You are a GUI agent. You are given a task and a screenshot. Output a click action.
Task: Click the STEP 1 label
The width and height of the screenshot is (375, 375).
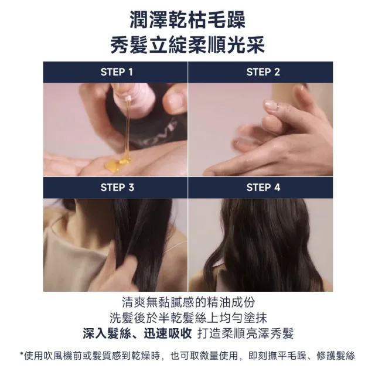117,72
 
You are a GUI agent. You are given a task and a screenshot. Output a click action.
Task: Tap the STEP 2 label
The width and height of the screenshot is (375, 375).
263,72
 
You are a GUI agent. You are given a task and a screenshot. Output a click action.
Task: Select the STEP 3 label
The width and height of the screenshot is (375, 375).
117,187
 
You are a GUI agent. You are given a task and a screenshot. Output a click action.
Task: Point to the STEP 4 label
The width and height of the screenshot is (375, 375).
263,187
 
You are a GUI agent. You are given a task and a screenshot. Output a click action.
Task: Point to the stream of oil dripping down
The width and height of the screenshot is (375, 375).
128,129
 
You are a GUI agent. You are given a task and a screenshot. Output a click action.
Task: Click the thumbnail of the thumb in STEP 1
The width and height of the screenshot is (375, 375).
174,100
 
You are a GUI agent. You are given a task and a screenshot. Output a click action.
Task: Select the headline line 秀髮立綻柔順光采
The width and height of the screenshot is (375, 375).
187,45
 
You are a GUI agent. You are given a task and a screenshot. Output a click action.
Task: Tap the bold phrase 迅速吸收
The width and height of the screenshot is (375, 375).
168,333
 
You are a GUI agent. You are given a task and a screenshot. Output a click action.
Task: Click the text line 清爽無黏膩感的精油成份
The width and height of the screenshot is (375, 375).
188,302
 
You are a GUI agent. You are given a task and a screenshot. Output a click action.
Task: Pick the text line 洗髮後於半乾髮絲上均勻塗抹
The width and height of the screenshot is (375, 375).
188,318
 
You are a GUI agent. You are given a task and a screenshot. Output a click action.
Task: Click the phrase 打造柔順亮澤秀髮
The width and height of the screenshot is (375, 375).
246,333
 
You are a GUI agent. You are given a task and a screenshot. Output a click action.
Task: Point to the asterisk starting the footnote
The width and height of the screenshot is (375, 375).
21,353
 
